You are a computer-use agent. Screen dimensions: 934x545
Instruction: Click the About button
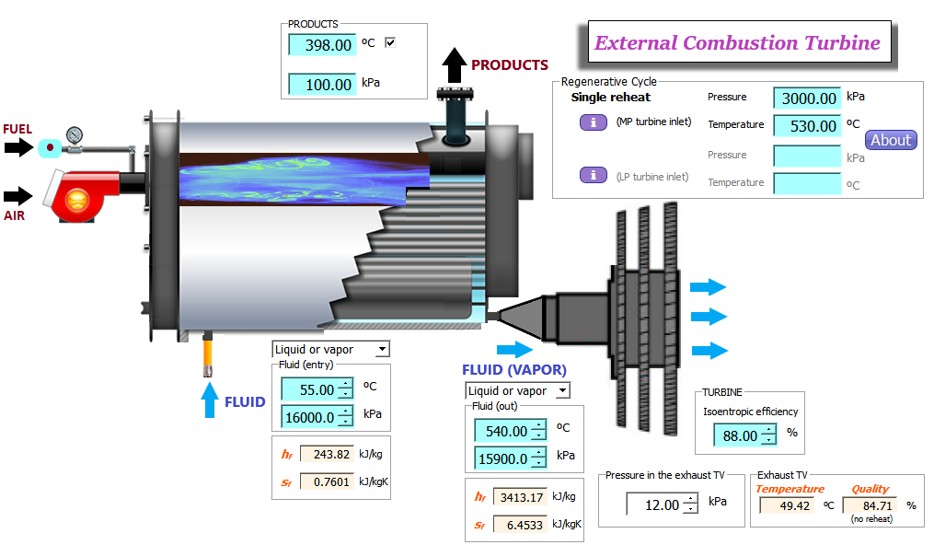891,140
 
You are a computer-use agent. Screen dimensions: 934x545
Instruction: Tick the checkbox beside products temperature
390,42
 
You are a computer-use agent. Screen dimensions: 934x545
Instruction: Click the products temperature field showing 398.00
322,45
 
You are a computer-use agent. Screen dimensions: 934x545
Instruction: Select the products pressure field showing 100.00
322,85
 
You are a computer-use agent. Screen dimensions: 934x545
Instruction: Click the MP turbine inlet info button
594,122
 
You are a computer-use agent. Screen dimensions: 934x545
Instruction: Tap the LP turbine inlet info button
594,175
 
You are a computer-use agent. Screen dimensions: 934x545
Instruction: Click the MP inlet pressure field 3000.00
807,99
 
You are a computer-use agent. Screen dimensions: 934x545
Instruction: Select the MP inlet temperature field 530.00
807,126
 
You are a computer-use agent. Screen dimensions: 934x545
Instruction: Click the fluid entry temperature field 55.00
317,389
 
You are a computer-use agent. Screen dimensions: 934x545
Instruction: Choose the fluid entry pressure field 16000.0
317,418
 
